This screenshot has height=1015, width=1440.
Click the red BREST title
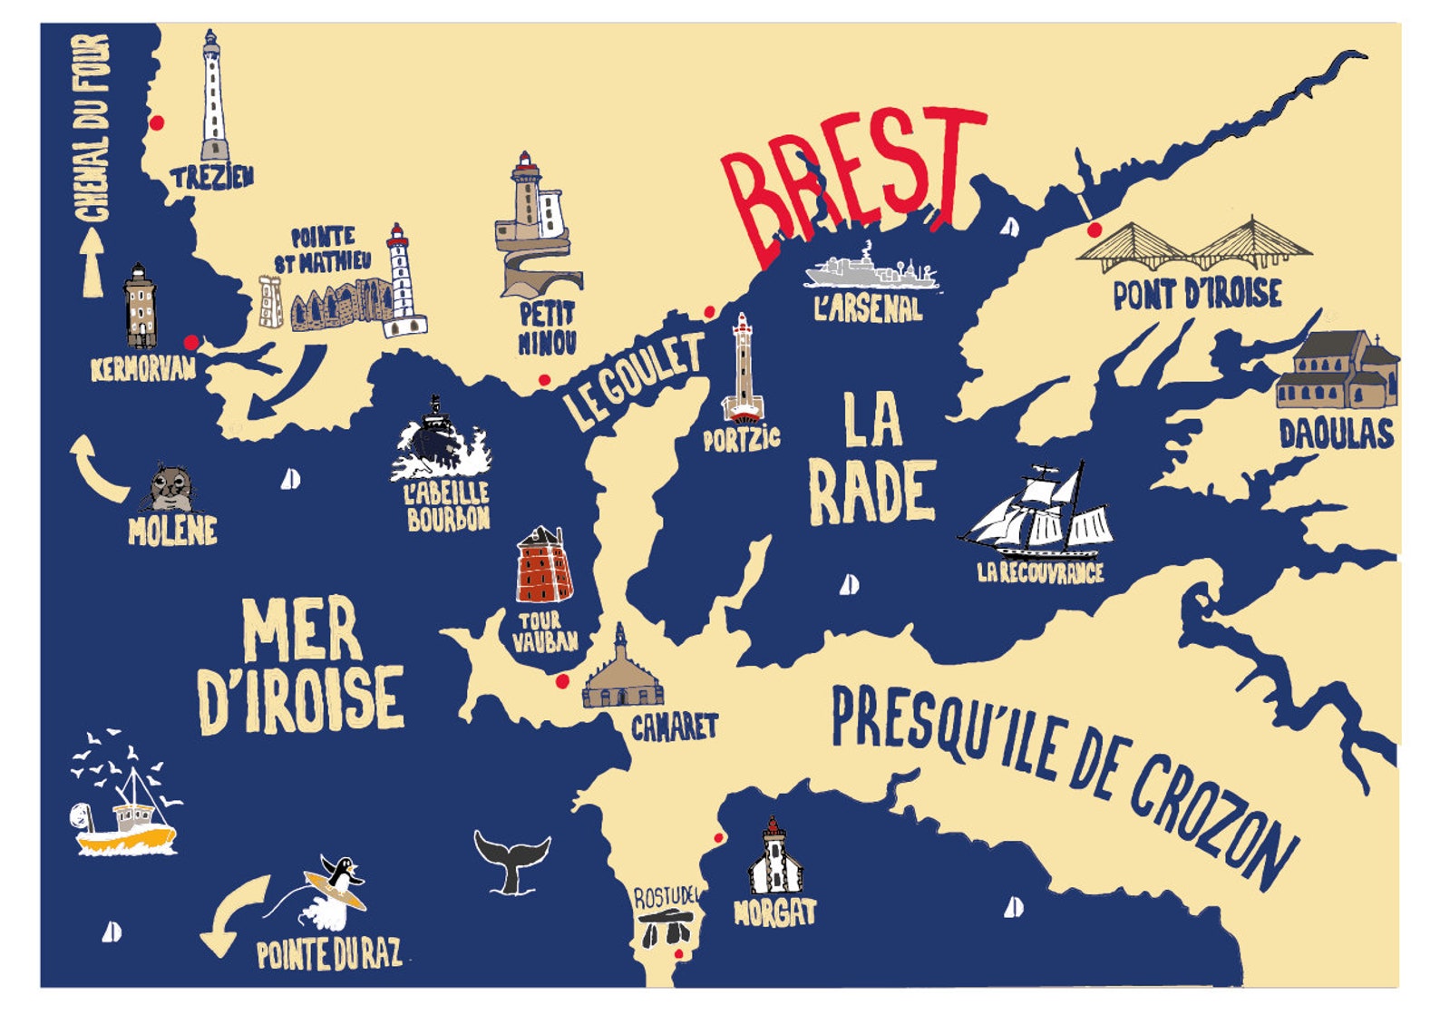852,181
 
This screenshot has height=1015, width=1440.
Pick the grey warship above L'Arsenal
871,270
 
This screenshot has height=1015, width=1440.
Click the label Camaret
674,727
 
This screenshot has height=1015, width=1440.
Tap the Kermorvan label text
143,369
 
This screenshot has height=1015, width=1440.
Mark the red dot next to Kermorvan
191,342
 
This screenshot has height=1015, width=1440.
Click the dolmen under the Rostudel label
664,930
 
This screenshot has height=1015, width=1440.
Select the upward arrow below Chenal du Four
92,263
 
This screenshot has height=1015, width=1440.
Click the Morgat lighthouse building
774,857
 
